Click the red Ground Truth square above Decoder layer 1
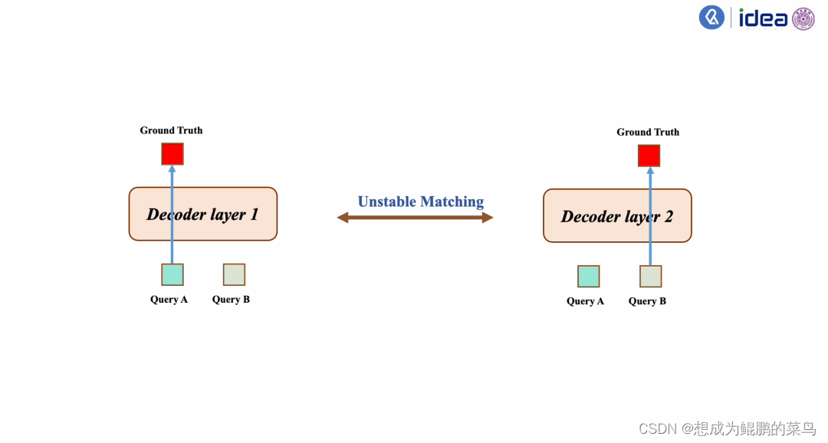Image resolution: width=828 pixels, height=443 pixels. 172,154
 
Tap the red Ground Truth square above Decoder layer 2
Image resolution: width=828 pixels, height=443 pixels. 649,156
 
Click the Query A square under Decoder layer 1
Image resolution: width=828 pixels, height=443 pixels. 172,274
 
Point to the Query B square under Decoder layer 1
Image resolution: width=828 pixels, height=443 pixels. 234,274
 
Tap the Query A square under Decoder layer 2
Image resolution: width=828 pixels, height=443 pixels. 588,276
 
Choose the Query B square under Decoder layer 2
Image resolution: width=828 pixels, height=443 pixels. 650,276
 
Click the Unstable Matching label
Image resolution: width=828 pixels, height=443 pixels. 421,202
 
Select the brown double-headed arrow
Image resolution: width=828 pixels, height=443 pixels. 415,218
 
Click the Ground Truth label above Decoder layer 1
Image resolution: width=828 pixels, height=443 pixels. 171,130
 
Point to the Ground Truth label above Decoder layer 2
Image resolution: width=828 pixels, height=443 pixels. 648,132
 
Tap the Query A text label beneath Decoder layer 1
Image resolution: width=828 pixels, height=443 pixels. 169,299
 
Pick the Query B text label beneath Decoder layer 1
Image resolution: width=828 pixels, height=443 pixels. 231,299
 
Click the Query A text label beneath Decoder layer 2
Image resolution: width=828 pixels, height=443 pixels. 585,301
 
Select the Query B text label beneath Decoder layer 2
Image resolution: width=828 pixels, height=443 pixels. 647,301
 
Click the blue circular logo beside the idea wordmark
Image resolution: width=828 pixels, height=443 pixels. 711,18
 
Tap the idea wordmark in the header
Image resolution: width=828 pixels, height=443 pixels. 763,18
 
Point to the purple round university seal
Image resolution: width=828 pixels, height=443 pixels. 803,18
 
